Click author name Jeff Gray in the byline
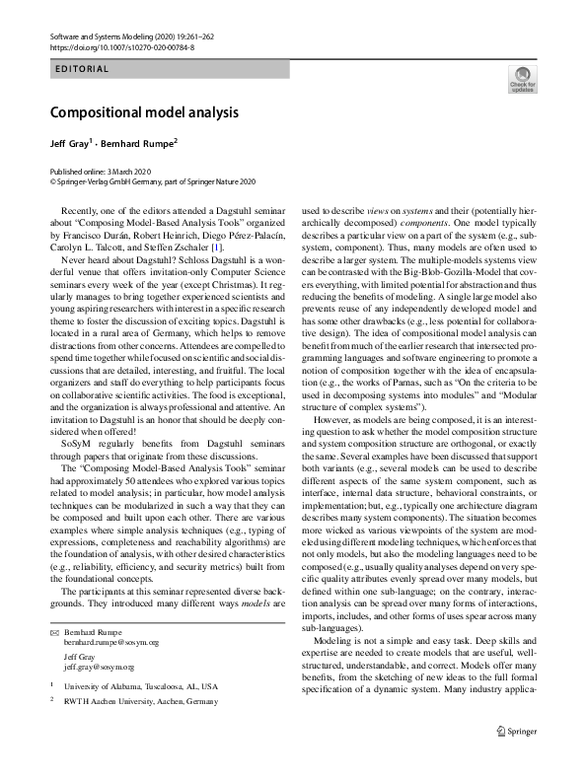pyautogui.click(x=70, y=143)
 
